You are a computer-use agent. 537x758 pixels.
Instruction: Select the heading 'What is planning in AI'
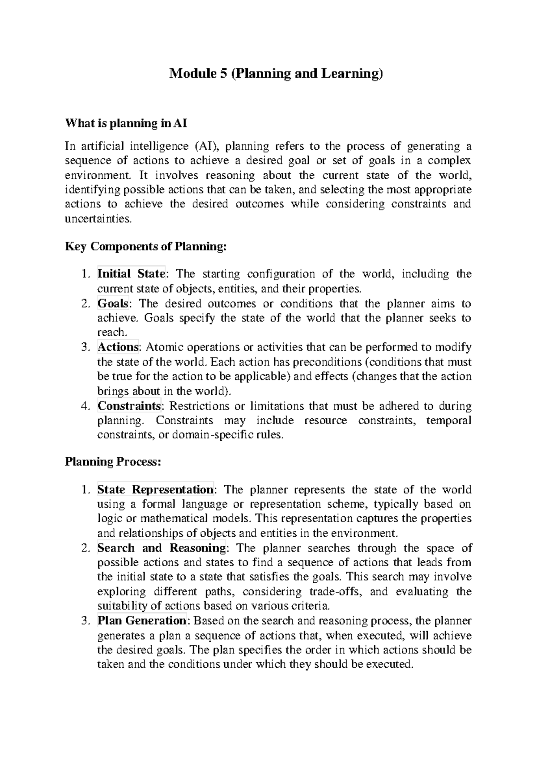click(126, 123)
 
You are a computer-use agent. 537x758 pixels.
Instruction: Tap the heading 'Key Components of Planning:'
click(146, 246)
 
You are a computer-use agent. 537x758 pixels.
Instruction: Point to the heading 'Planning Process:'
click(112, 462)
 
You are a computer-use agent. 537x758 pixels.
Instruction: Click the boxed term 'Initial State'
click(131, 274)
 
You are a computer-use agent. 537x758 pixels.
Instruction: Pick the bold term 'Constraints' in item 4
click(129, 406)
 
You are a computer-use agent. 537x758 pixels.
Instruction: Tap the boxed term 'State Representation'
click(155, 490)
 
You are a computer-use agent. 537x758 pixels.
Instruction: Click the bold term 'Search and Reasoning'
click(162, 548)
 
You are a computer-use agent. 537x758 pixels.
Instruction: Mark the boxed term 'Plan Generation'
click(142, 621)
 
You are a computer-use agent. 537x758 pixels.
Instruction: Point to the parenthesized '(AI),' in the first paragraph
click(208, 147)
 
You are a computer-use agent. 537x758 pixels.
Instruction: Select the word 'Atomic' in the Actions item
click(164, 347)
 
